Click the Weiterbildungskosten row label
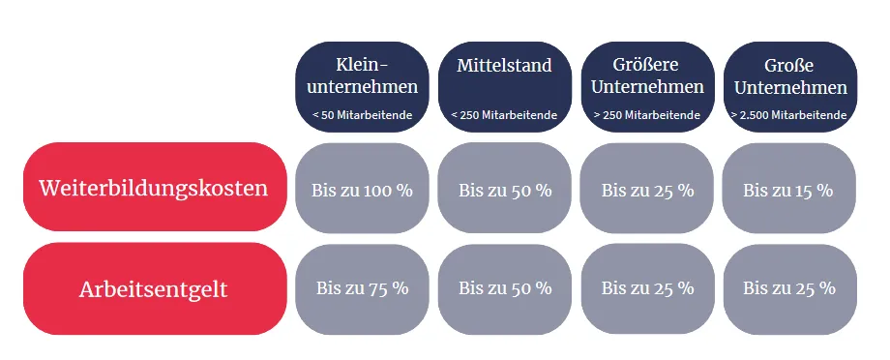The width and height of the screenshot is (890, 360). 155,187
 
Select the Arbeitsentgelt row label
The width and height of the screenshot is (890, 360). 155,289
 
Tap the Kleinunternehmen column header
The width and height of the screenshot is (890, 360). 362,87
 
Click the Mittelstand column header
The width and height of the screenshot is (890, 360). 505,87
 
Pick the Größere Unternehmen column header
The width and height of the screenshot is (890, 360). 647,87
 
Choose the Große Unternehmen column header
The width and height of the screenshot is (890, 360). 790,87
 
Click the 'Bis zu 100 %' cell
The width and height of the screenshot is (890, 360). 362,188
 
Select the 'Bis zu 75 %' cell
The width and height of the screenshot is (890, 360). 362,289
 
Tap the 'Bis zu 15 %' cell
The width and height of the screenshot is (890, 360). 789,188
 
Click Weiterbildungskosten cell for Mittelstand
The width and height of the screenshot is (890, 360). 505,188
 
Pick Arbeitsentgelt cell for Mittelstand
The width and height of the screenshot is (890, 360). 505,289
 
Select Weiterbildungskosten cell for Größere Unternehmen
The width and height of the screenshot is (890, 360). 647,188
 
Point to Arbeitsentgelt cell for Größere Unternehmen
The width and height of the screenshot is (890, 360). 647,289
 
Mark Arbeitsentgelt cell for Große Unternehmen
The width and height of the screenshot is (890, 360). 790,289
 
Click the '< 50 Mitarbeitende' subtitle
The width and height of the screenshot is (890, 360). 362,115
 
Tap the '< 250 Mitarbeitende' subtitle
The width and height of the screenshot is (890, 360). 504,115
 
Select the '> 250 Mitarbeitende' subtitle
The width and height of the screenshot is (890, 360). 647,115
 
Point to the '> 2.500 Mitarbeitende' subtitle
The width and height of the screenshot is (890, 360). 789,115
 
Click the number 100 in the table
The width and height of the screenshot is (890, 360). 376,191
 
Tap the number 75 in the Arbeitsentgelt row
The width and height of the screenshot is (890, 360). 377,287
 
